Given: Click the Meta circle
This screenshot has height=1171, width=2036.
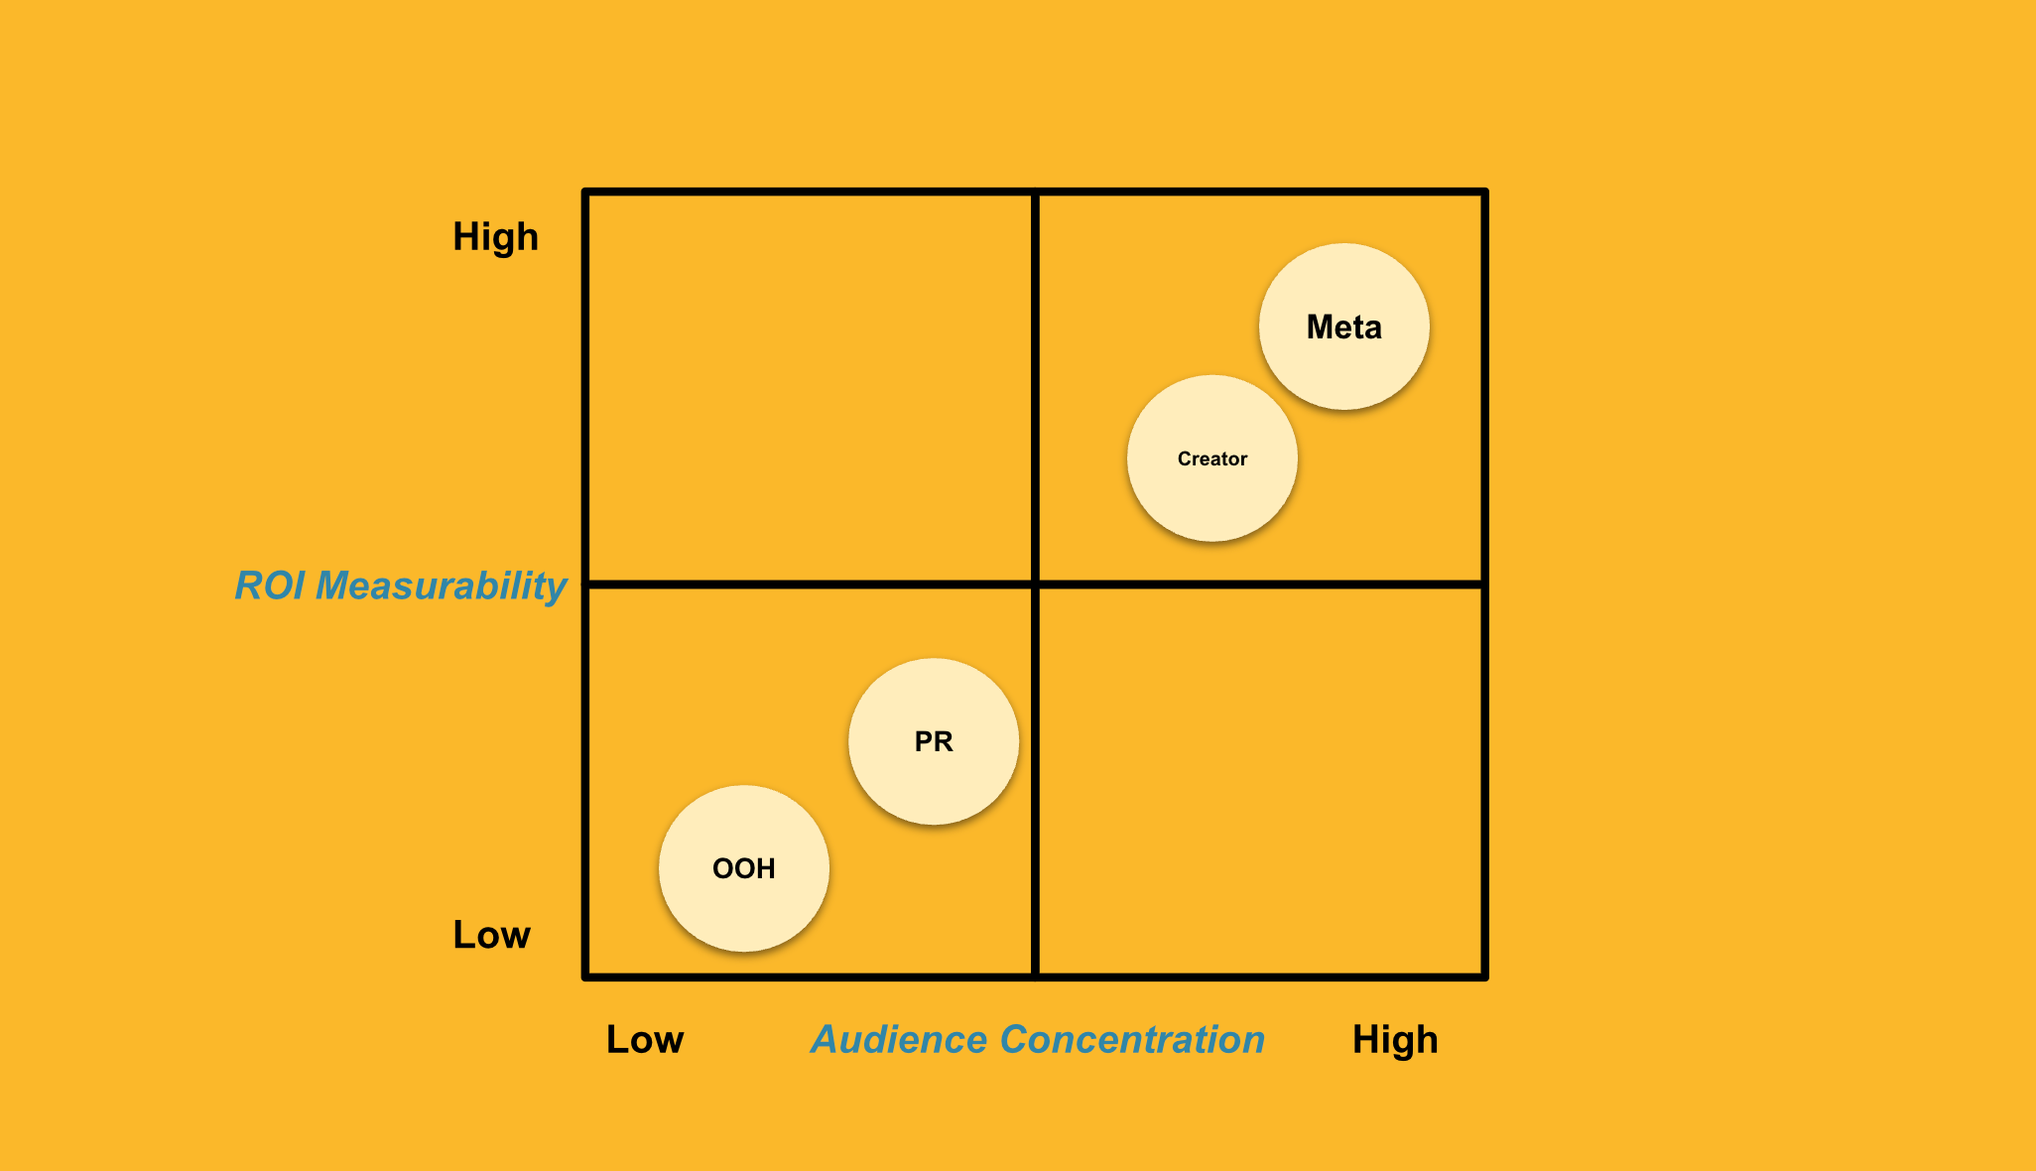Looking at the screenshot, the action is pos(1343,326).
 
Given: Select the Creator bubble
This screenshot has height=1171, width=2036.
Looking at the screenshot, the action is pos(1211,458).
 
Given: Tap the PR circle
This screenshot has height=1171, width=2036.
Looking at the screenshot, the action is pos(933,741).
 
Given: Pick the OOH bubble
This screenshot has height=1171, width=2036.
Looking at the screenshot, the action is pos(743,868).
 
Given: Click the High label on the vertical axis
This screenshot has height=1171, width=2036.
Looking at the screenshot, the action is pos(495,237).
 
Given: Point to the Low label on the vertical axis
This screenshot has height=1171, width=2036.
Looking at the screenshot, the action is pos(491,935).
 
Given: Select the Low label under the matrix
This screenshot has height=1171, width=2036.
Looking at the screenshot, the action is pos(645,1040).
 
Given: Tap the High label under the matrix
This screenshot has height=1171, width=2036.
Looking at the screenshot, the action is pos(1395,1040).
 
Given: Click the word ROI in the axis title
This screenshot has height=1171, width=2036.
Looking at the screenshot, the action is pos(270,585).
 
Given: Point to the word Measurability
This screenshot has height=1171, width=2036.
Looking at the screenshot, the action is pos(441,585).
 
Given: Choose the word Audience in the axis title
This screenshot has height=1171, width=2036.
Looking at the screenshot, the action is pos(899,1040).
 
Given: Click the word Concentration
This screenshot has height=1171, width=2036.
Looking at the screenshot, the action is pos(1132,1040).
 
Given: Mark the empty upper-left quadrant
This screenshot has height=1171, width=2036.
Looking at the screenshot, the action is pos(810,387).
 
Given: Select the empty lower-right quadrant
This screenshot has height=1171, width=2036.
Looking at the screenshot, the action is pos(1260,781).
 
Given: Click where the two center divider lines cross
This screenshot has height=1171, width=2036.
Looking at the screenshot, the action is pos(1035,585).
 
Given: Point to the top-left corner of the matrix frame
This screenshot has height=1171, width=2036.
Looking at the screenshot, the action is pos(586,192).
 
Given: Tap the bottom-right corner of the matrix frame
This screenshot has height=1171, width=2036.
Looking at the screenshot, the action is pos(1484,976).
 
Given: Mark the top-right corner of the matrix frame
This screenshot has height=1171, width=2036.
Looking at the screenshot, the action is pos(1484,192).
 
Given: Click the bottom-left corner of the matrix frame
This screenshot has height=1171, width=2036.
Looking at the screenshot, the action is pos(586,976).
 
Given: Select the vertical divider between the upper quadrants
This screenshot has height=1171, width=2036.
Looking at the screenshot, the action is pos(1035,387).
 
